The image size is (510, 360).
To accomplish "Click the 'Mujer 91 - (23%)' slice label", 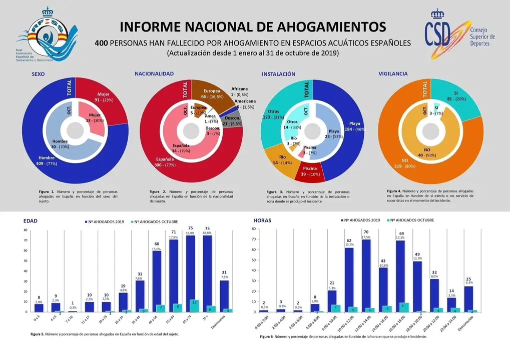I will (x=103, y=96).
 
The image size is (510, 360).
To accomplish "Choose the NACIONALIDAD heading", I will (x=154, y=73).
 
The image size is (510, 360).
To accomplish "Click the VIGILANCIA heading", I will (x=392, y=73).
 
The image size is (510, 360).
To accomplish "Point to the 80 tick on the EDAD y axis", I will (x=25, y=230).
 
